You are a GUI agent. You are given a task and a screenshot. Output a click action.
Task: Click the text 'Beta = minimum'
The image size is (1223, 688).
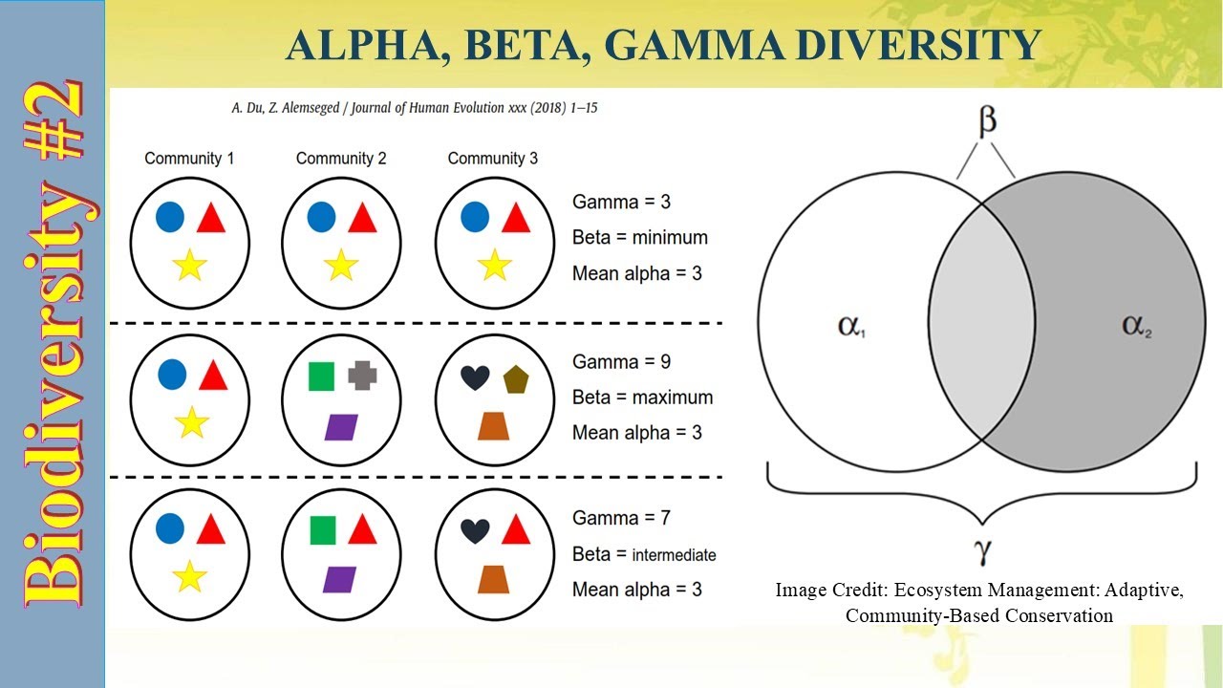pos(640,238)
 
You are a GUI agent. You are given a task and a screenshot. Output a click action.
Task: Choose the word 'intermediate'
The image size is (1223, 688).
pos(674,555)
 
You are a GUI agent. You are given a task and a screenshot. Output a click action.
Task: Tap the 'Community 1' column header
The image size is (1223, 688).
pos(189,159)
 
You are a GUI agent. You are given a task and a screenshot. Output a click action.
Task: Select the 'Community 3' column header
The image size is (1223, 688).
pos(492,159)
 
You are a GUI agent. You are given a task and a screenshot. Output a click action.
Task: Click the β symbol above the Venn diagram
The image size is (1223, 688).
pos(987,121)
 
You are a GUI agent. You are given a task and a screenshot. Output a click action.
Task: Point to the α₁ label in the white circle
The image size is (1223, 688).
pos(851,326)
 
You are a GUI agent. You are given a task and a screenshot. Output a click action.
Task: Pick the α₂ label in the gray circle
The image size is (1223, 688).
pos(1136,326)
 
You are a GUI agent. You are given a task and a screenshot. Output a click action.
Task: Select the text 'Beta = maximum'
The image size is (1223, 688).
pos(642,398)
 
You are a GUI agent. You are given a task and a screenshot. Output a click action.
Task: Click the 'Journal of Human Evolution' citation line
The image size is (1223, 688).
pos(414,108)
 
